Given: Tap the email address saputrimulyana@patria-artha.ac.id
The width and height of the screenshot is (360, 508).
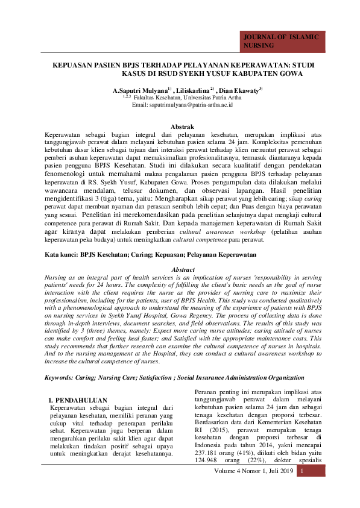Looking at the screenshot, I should (191, 104).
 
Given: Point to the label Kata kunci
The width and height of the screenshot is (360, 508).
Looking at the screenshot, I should (62, 256).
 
